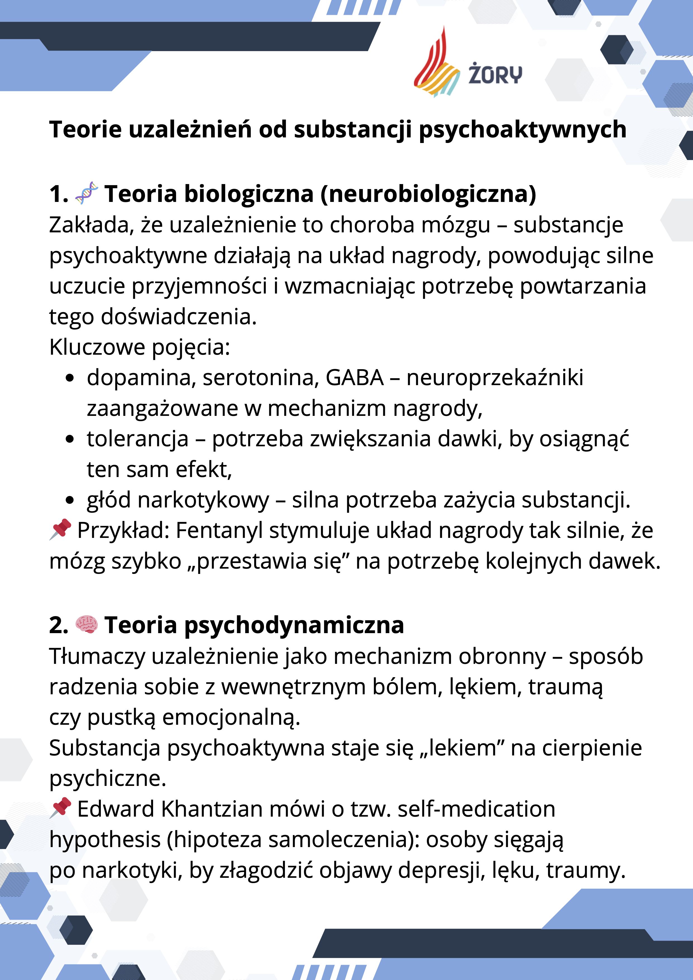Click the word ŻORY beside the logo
click(495, 74)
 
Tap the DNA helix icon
click(86, 193)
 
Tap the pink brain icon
click(86, 625)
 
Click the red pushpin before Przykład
click(61, 529)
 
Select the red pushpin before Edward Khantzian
click(61, 808)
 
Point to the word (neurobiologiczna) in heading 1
click(428, 194)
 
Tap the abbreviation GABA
click(354, 378)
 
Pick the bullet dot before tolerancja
click(70, 439)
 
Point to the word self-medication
click(476, 809)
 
